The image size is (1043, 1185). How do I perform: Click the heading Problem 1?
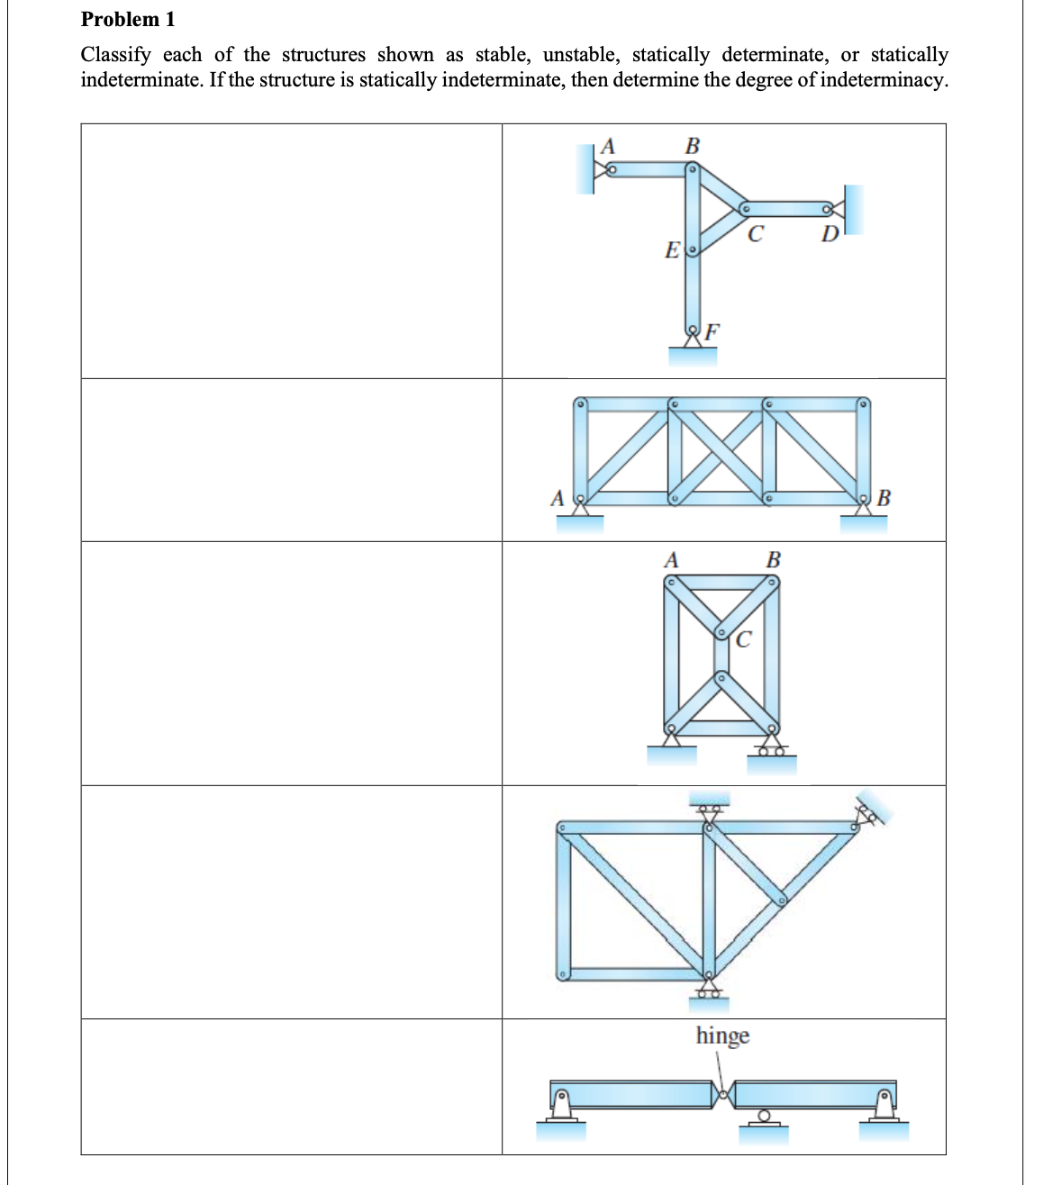click(x=128, y=19)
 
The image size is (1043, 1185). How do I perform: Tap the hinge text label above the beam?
click(x=722, y=1036)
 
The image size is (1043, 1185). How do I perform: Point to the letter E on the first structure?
click(x=672, y=249)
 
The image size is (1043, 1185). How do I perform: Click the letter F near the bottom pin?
click(x=712, y=331)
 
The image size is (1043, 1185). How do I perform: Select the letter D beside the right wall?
click(x=830, y=235)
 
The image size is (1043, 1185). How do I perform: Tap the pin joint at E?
click(x=692, y=249)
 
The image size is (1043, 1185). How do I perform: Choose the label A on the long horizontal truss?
click(x=558, y=498)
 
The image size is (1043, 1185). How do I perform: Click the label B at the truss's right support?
click(x=884, y=497)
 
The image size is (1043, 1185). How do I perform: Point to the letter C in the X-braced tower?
click(x=743, y=640)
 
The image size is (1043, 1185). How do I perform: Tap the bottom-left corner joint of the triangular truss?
click(x=563, y=974)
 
